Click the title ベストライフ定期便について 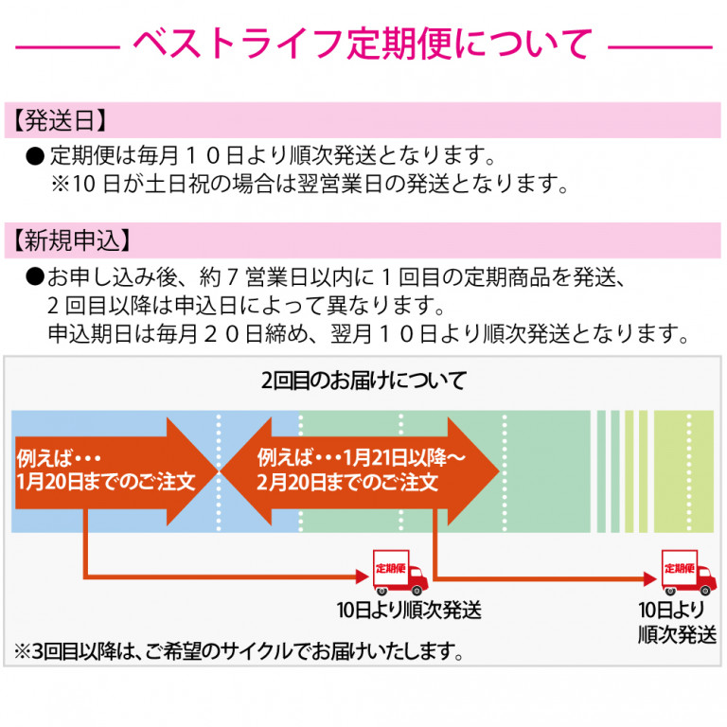point(363,44)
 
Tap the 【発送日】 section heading point(59,120)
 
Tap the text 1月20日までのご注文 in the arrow point(104,482)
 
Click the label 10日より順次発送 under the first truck point(408,610)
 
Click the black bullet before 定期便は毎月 point(35,153)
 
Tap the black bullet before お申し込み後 point(35,277)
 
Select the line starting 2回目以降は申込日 point(245,306)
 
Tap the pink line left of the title point(65,44)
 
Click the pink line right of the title point(659,44)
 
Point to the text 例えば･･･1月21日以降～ point(360,456)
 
